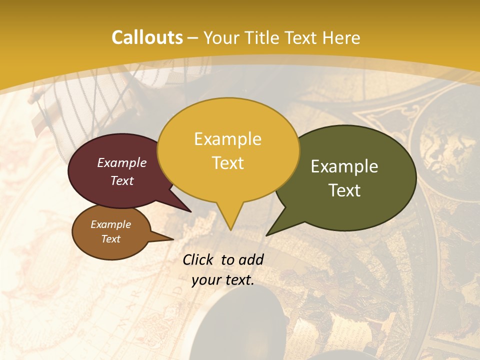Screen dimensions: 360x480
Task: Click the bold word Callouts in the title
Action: coord(147,37)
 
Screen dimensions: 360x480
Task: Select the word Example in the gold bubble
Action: coord(227,139)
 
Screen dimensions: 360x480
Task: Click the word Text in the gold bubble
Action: coord(227,163)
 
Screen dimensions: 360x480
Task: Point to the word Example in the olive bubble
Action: coord(344,166)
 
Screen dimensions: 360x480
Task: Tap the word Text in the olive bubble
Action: coord(344,190)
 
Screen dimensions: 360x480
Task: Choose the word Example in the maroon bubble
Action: coord(122,162)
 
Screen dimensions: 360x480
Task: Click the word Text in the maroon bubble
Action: coord(122,180)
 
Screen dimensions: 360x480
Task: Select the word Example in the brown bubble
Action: coord(110,224)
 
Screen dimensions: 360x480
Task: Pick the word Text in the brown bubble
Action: coord(110,239)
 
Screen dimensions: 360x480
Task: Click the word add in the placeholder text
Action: coord(251,259)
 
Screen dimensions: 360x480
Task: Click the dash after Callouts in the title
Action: coord(193,38)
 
